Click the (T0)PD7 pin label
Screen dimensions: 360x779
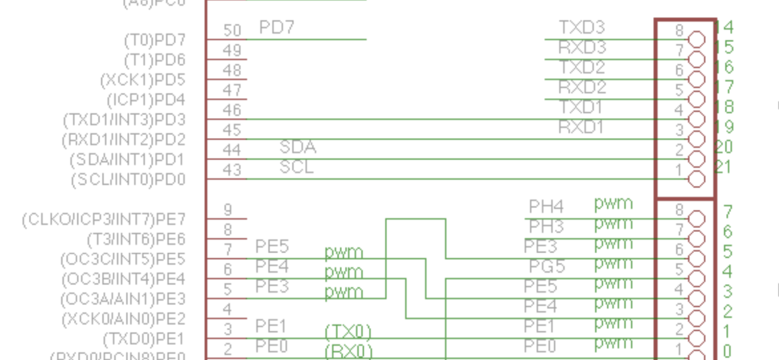click(x=155, y=40)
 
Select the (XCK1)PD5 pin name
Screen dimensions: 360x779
click(x=143, y=80)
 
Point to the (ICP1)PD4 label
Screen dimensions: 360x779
click(x=146, y=100)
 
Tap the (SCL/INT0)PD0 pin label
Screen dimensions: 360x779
click(x=128, y=180)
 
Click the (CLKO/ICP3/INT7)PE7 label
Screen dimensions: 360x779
click(x=104, y=220)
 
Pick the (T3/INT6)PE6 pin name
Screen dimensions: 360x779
click(x=136, y=240)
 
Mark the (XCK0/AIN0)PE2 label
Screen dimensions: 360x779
click(x=124, y=319)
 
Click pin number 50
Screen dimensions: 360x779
click(x=232, y=30)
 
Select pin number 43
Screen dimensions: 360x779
click(x=232, y=170)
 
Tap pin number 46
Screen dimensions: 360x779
click(x=232, y=110)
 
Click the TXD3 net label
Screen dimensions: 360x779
click(x=582, y=27)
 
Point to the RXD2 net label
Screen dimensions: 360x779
click(x=582, y=87)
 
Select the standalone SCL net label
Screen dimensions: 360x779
click(x=296, y=167)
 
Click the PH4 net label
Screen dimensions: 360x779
click(x=546, y=206)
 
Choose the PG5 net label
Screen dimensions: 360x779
click(x=547, y=266)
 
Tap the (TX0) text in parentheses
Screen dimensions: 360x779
click(x=348, y=332)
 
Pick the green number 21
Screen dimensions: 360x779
click(x=723, y=167)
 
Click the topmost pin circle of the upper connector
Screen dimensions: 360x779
click(x=696, y=40)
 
